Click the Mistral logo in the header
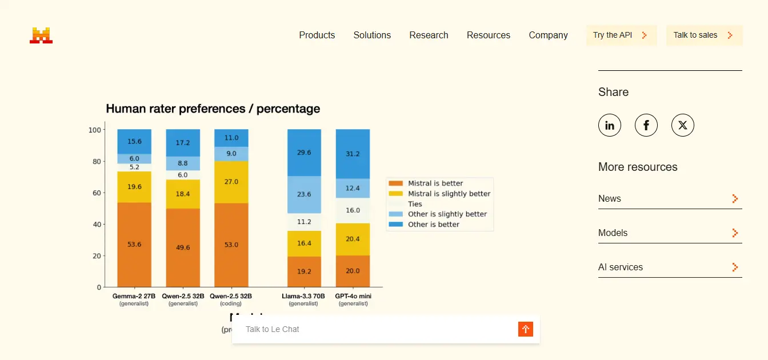[41, 35]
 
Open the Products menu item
[317, 35]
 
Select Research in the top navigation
[429, 35]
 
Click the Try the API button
[621, 35]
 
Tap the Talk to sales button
[704, 35]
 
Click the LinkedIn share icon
[610, 125]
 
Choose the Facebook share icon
[646, 125]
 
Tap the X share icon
[683, 125]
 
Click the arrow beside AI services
[735, 267]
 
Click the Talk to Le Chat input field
[377, 329]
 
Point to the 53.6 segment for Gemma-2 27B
[134, 245]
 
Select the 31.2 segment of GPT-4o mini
[353, 154]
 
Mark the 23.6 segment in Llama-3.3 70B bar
[304, 194]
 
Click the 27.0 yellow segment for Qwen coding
[231, 182]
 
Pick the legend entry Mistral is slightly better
[439, 194]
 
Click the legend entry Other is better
[424, 225]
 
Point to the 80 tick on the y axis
[97, 162]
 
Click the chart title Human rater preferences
[213, 109]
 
